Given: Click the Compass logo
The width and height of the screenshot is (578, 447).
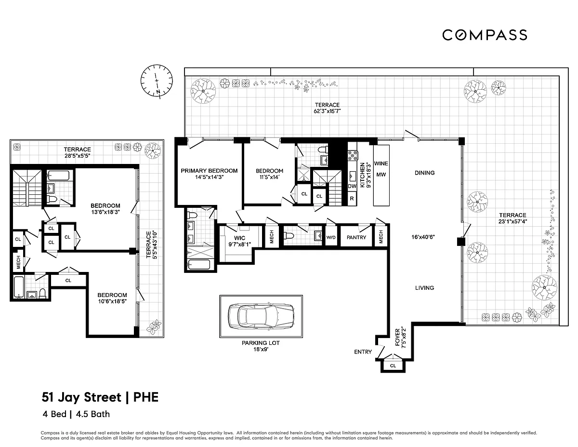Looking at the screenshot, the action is click(485, 35).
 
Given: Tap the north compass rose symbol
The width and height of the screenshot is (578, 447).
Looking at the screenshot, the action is click(157, 81).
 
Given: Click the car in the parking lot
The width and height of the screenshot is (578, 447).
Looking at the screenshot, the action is click(261, 316).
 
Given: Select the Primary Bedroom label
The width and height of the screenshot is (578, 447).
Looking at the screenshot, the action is click(209, 171).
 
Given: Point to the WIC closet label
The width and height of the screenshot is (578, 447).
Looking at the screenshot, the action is click(239, 238).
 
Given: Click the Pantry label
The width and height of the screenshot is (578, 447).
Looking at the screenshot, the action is click(356, 237).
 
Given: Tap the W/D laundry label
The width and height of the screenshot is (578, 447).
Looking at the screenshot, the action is click(331, 237).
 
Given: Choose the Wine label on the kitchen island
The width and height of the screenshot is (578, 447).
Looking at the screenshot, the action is click(381, 163).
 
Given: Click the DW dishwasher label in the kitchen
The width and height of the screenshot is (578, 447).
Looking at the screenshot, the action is click(352, 186).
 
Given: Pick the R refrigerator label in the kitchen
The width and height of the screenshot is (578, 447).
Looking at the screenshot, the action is click(352, 198).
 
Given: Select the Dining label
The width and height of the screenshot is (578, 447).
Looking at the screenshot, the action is click(424, 173).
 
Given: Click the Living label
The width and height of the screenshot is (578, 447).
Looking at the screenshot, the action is click(424, 288).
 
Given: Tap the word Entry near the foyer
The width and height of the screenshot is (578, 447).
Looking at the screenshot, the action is click(363, 352).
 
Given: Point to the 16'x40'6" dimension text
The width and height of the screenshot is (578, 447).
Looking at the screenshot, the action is click(423, 237).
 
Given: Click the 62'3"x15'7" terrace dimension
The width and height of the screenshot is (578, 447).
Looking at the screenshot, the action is click(327, 111).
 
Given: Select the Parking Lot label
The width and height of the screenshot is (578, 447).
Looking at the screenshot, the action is click(261, 343).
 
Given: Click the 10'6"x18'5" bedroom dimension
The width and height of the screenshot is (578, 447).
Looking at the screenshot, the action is click(112, 301).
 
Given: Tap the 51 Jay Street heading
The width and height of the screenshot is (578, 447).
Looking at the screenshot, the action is click(81, 397).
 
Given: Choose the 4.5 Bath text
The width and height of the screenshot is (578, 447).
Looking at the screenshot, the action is click(93, 414).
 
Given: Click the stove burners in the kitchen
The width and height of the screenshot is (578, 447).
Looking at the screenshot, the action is click(353, 155).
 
